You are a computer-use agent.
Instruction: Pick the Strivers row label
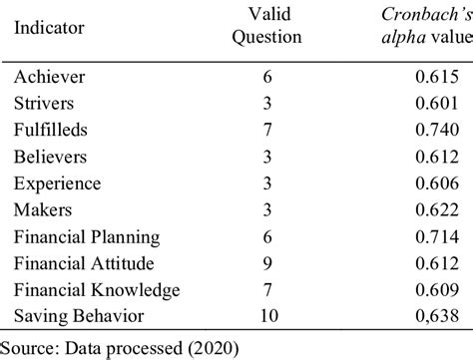click(45, 103)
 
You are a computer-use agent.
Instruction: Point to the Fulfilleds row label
click(52, 130)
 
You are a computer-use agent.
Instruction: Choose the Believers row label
click(50, 156)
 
